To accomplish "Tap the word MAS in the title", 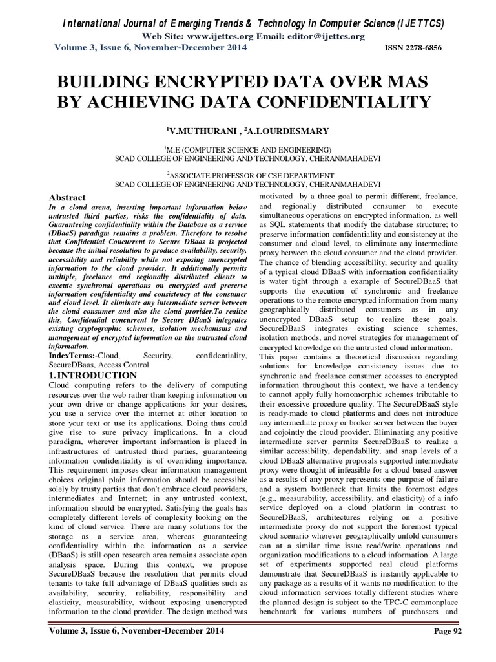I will [411, 81].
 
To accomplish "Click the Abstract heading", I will [69, 197].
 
